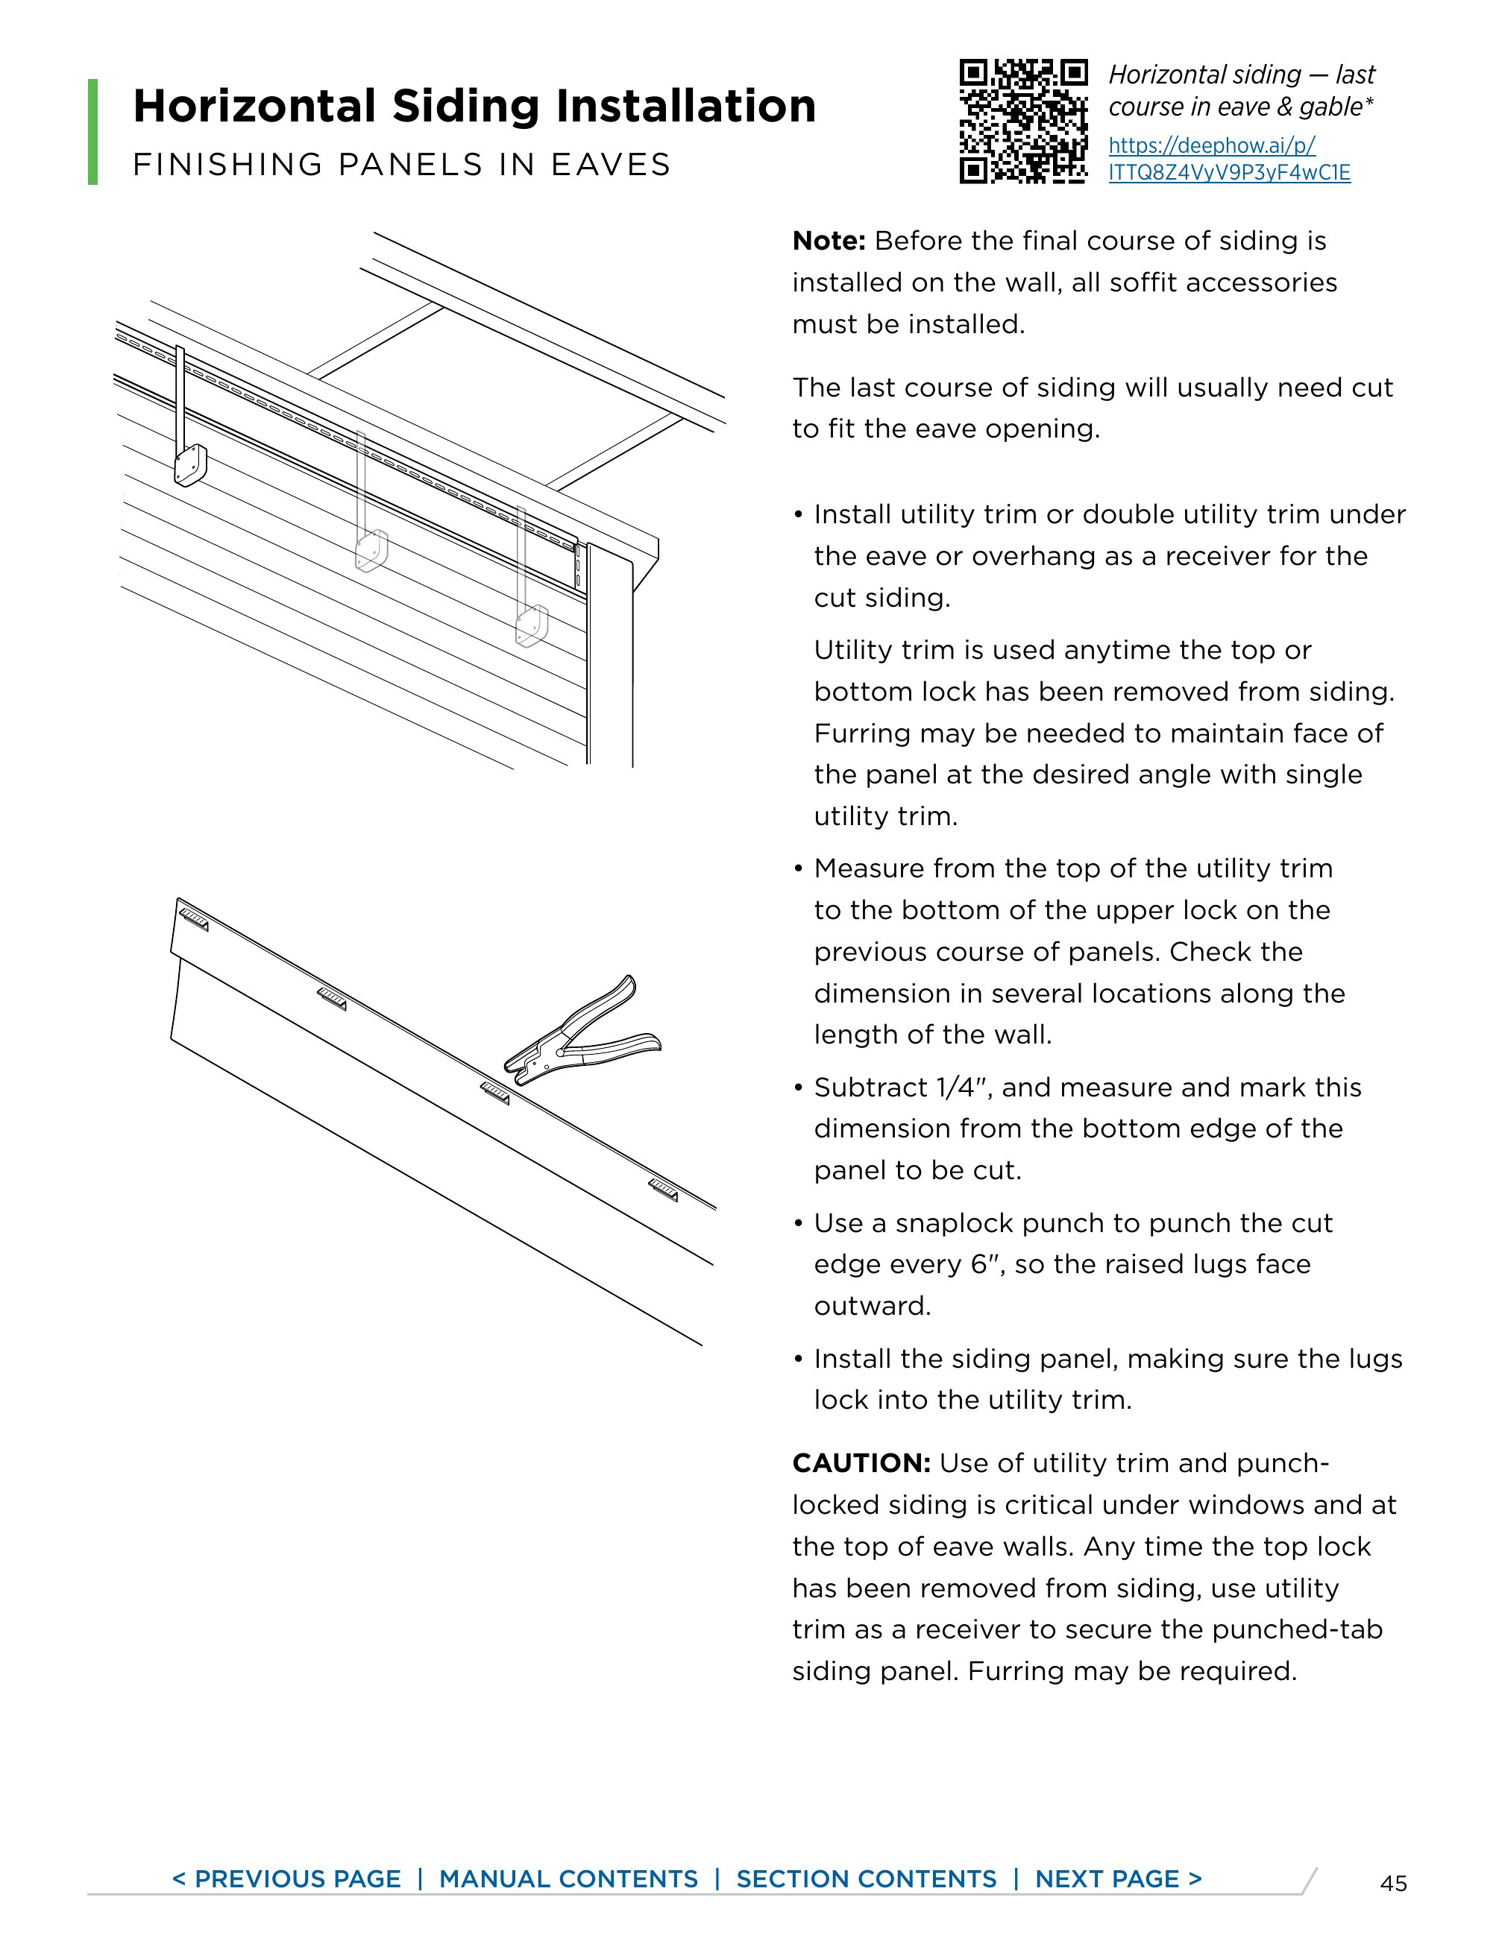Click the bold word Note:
click(x=828, y=241)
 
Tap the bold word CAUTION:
click(x=861, y=1462)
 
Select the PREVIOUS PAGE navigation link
click(x=286, y=1878)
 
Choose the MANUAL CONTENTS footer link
click(x=568, y=1878)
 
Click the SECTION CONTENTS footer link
click(x=866, y=1878)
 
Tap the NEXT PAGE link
click(x=1118, y=1878)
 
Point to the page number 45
click(x=1393, y=1883)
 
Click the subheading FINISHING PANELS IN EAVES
click(x=401, y=165)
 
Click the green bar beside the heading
click(x=93, y=131)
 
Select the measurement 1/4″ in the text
click(x=961, y=1087)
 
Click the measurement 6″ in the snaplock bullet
click(x=987, y=1263)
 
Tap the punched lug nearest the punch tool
click(x=495, y=1094)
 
